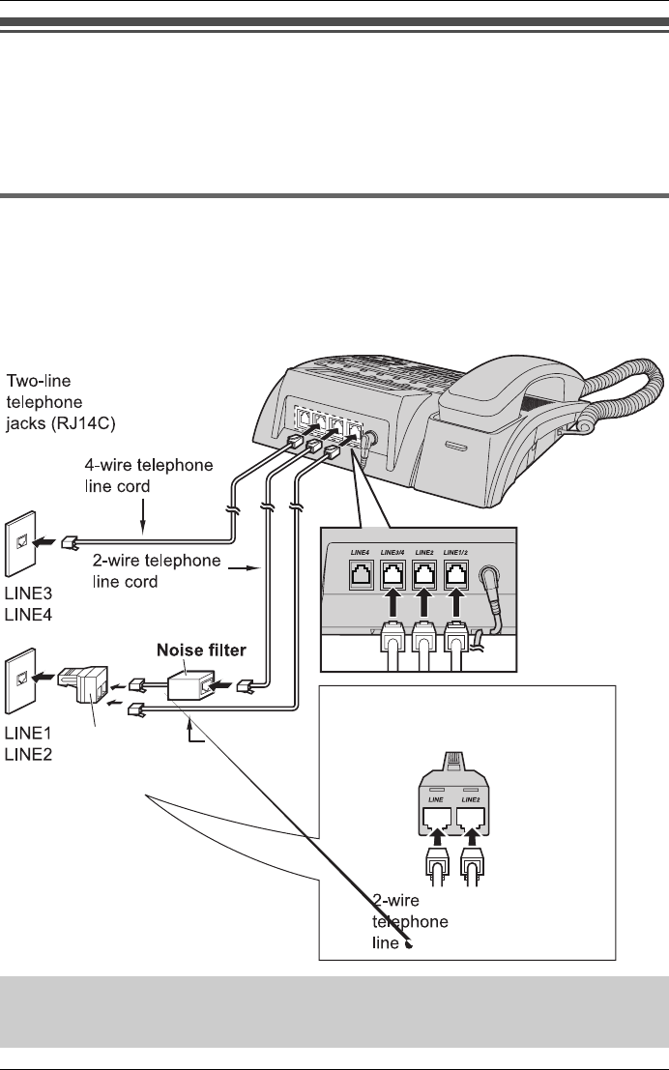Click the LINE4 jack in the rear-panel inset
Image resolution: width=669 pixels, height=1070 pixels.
coord(361,574)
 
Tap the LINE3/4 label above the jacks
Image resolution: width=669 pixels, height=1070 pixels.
coord(393,551)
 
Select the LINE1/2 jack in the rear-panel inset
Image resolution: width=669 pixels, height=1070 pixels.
coord(456,574)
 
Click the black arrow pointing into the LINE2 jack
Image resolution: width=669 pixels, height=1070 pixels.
coord(424,603)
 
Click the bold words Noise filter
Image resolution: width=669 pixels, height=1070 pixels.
coord(201,650)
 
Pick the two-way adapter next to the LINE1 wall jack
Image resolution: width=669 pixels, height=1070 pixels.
coord(82,683)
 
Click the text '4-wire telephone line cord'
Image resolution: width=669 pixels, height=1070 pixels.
coord(149,476)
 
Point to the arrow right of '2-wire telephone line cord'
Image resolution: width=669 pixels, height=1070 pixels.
coord(245,567)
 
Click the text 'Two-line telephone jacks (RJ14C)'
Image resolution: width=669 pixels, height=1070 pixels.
coord(61,402)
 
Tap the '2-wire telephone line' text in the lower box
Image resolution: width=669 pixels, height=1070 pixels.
coord(410,921)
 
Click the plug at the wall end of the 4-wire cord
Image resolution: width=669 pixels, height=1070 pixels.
coord(71,543)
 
